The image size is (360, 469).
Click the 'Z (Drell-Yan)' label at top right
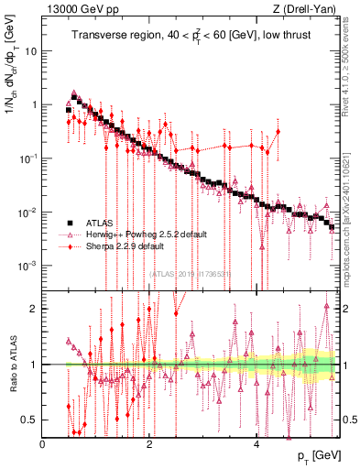coord(305,10)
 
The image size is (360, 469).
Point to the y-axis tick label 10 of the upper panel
coord(32,50)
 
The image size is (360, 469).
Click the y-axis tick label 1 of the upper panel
coord(35,104)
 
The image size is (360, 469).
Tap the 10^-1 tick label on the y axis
coord(29,158)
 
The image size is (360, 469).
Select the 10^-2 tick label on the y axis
coord(29,212)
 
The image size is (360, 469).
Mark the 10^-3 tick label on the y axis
coord(29,265)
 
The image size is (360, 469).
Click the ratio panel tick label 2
coord(35,309)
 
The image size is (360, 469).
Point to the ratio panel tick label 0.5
coord(31,420)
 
